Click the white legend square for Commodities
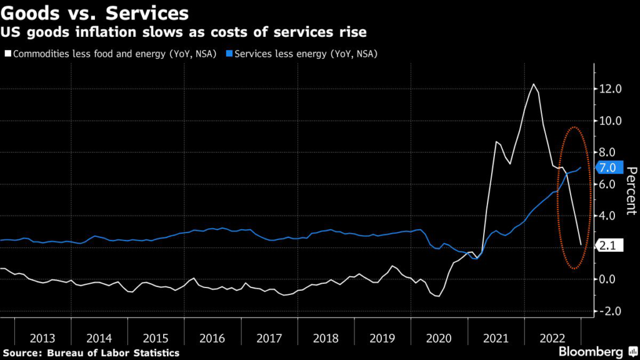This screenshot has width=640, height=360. (x=6, y=54)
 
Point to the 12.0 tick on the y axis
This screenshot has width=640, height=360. (x=609, y=89)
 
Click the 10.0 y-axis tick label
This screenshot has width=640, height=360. (x=609, y=121)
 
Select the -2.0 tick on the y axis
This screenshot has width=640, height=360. (x=609, y=311)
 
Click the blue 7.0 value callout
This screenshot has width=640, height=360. (x=607, y=167)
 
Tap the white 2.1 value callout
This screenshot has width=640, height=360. (x=607, y=246)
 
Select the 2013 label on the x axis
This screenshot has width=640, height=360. (x=42, y=338)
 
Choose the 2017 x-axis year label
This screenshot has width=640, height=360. (x=269, y=338)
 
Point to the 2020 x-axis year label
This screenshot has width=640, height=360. (x=439, y=338)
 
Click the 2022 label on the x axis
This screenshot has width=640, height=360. (x=552, y=338)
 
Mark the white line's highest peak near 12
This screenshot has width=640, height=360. (x=533, y=84)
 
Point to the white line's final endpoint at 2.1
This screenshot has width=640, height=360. (x=581, y=244)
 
